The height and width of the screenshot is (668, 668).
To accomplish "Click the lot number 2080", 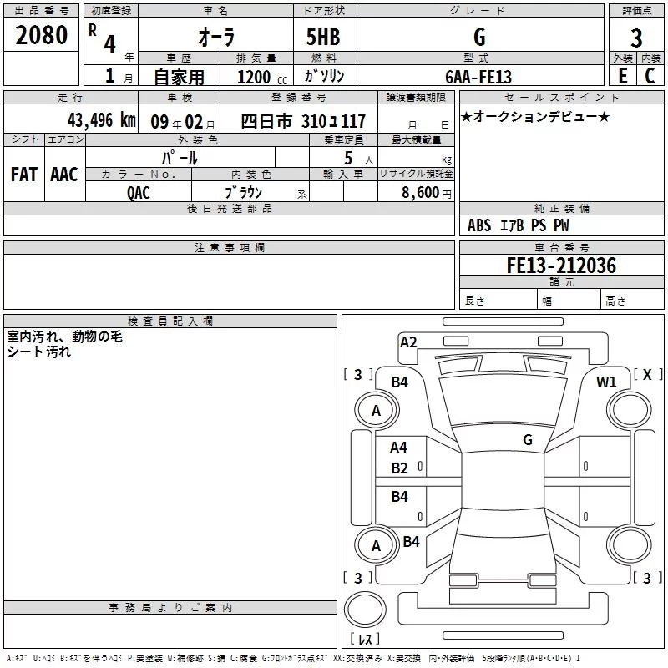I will coord(41,36).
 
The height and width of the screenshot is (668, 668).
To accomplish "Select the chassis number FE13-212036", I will coord(561,266).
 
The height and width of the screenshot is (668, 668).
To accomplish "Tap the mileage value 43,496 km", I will coord(101,120).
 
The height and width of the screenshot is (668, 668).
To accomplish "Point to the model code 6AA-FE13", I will coord(478,76).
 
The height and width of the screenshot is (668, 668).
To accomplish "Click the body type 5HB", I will coord(322,38).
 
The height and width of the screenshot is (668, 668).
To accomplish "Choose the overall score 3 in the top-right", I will coord(636,38).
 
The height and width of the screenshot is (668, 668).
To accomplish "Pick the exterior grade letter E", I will coord(622,76).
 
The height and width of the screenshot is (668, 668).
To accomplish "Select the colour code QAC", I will coord(139,192).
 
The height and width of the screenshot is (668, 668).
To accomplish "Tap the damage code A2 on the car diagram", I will coord(408,342).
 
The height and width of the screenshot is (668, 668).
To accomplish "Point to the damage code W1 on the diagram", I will coord(606,382).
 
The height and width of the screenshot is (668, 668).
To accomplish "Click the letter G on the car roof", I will coord(528,439).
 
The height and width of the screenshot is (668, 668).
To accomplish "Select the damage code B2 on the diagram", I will coord(400,468).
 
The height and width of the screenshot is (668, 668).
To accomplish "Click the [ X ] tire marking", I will coord(646,375).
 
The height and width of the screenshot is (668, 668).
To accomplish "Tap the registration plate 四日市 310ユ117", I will coord(303,121).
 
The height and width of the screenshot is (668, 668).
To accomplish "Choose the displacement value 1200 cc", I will coord(258,77).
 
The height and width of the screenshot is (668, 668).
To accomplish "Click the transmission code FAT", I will coord(23,175).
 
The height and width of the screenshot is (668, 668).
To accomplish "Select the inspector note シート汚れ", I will coord(39,352).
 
